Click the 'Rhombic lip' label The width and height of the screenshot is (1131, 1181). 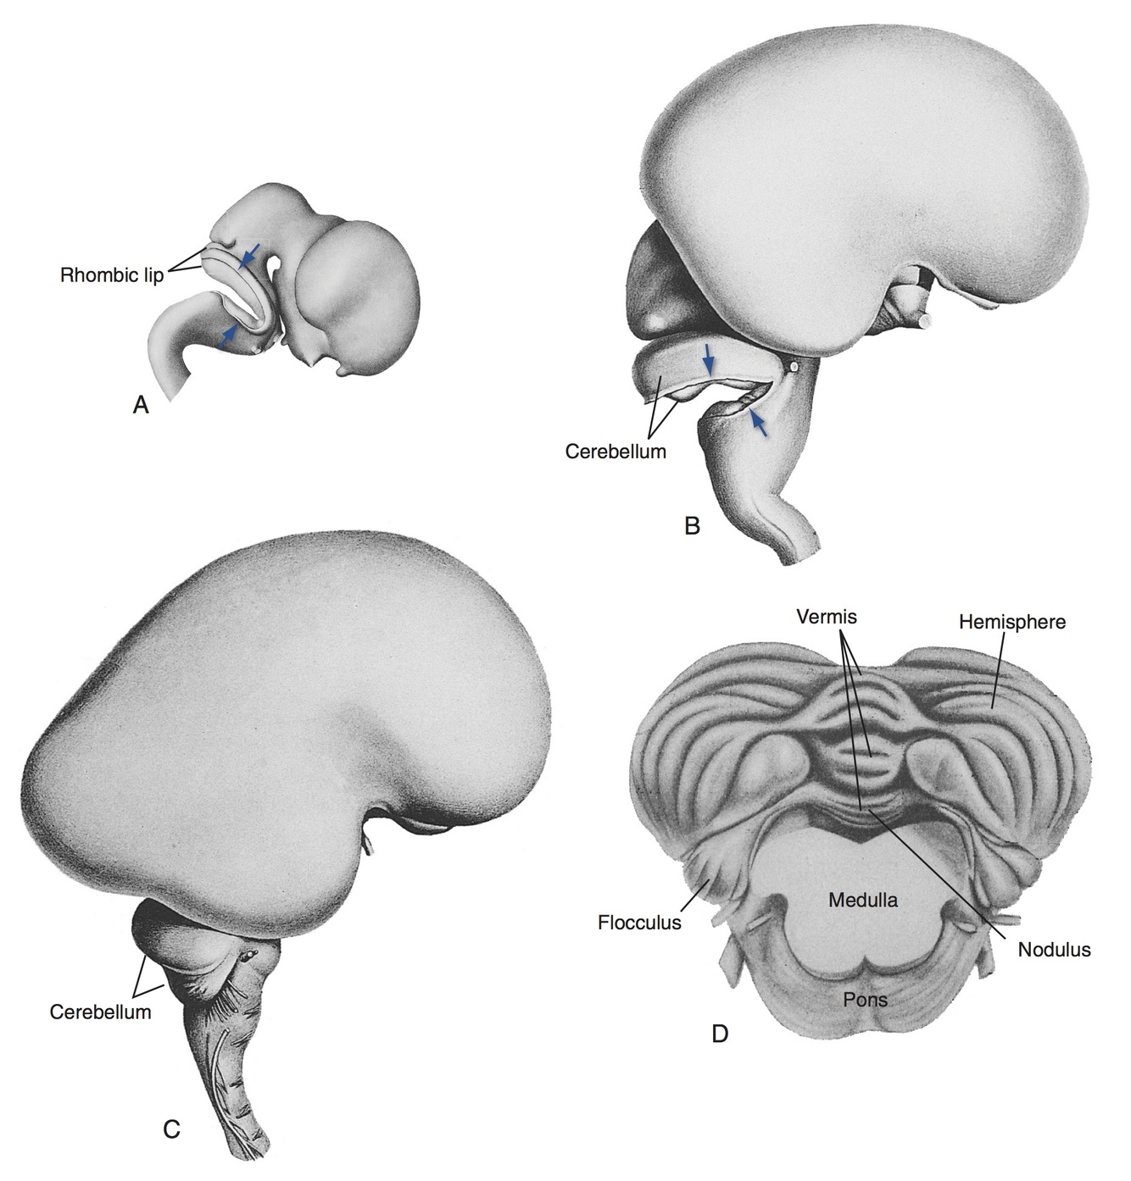tap(112, 275)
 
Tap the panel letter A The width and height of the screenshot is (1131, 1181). tap(141, 406)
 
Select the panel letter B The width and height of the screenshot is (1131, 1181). tap(692, 526)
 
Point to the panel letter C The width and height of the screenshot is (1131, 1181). tap(171, 1128)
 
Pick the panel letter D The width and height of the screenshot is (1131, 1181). tap(720, 1034)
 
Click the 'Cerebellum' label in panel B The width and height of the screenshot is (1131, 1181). tap(616, 452)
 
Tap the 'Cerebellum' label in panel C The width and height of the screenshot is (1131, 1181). tap(100, 1012)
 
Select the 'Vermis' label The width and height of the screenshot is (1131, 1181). tap(827, 617)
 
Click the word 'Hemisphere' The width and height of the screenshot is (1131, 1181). tap(1012, 622)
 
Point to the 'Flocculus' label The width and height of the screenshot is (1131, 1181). tap(639, 923)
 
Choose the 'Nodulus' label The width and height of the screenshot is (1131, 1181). tap(1054, 950)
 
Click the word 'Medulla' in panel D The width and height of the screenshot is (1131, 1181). tap(862, 900)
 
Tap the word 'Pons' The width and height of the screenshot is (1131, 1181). tap(866, 1000)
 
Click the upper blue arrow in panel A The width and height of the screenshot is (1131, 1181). tap(248, 257)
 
